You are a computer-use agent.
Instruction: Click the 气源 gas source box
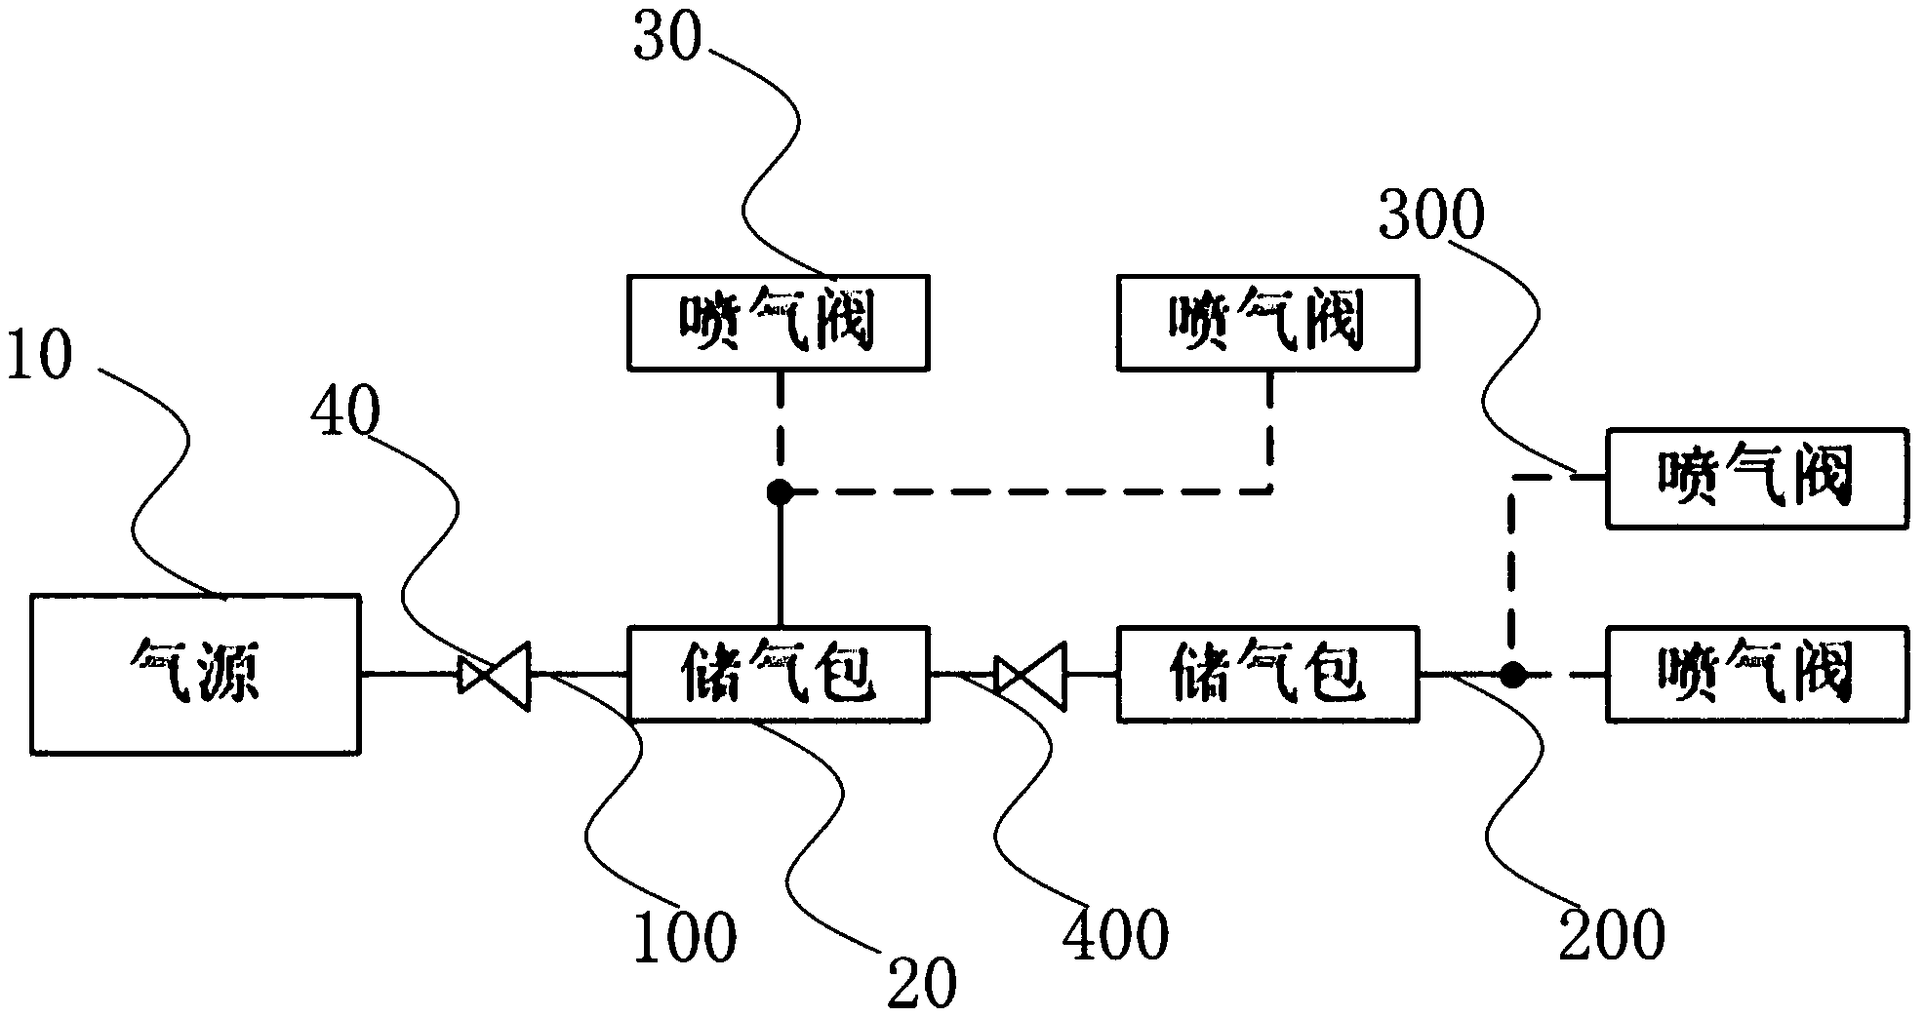[x=194, y=674]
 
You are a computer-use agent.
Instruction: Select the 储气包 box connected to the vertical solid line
[x=778, y=674]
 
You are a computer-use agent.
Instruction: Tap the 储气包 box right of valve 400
[x=1267, y=674]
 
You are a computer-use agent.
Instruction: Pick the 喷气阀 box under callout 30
[x=778, y=323]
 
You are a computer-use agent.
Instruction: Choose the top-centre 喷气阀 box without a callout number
[x=1267, y=323]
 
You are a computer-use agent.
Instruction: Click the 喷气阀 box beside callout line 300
[x=1756, y=478]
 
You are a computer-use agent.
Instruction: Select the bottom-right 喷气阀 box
[x=1756, y=674]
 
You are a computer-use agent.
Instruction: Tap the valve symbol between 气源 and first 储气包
[x=494, y=675]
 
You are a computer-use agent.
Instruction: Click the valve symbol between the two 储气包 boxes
[x=1030, y=675]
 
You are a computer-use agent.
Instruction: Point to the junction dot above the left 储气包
[x=779, y=492]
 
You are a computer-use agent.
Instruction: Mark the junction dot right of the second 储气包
[x=1511, y=674]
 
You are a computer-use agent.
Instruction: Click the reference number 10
[x=39, y=356]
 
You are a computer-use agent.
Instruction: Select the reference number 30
[x=668, y=39]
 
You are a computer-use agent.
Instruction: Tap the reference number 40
[x=344, y=412]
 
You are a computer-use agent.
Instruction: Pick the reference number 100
[x=684, y=938]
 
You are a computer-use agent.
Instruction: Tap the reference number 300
[x=1430, y=216]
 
